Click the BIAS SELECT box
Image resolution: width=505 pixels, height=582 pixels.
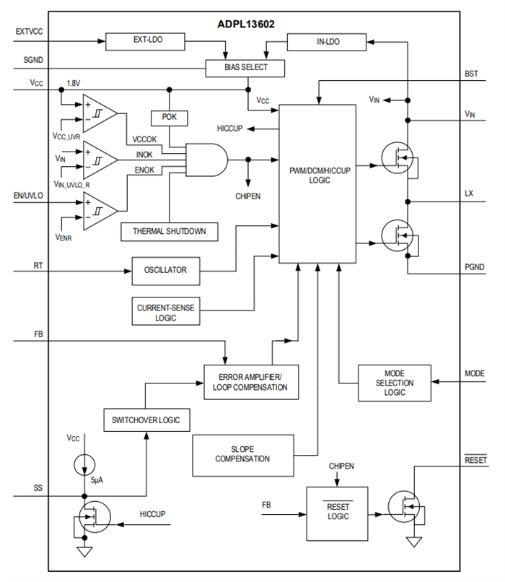pos(245,68)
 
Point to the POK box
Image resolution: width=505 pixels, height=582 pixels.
pos(169,117)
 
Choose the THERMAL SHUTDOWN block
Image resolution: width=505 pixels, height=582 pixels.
pos(169,232)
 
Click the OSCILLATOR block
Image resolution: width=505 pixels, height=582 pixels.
pos(164,270)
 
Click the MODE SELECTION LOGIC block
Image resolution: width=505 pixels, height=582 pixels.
pos(395,383)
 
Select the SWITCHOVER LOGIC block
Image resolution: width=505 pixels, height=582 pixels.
pos(146,420)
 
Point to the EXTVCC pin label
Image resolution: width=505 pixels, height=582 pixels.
pos(29,32)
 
